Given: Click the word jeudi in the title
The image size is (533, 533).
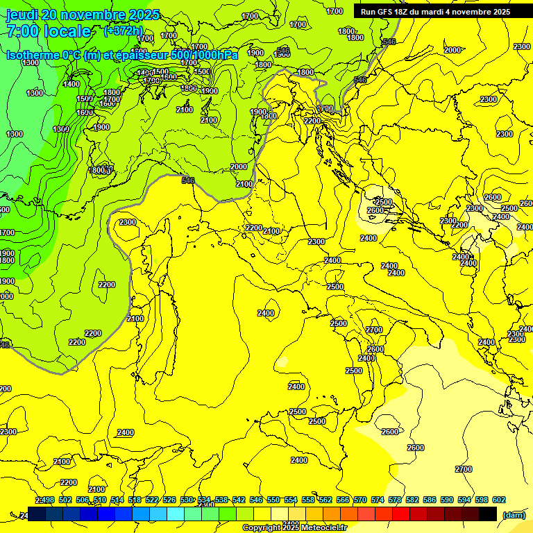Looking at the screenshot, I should coord(22,15).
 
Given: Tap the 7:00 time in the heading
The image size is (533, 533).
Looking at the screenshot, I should coord(21,31).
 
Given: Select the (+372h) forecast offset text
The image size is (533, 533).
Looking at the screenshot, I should coord(123,31).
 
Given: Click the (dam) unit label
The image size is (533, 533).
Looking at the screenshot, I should coord(514,514).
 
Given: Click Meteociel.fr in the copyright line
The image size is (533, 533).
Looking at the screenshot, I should coord(320,528).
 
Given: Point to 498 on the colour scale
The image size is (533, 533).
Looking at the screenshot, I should coord(48,500).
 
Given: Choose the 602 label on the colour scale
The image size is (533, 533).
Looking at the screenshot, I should coord(498,500).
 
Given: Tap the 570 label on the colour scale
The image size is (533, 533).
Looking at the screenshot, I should coord(359,500).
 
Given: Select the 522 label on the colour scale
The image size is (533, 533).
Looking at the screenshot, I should coord(152,500).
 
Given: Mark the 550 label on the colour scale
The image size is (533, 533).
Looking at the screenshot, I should coord(273,500).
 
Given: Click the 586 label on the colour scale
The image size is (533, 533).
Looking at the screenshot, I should coord(429,500).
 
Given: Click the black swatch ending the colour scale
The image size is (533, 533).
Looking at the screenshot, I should coord(488,514).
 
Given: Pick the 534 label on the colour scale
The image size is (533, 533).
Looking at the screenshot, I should coord(204,500).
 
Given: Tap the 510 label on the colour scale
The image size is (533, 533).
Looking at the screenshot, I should coord(100,500).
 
